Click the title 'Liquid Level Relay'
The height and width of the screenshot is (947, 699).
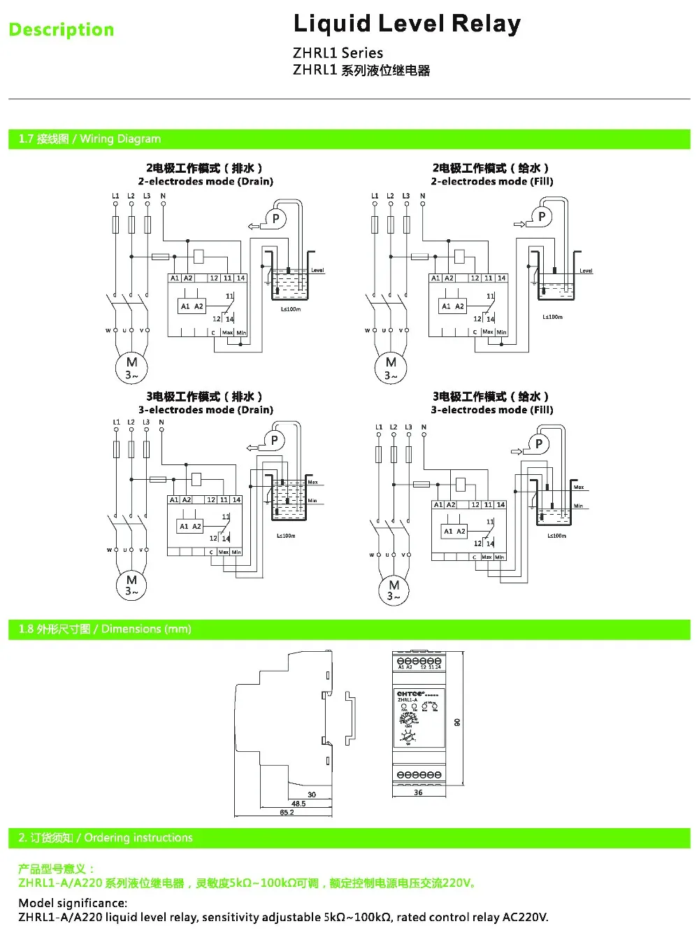407,24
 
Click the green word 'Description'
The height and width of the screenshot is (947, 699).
62,30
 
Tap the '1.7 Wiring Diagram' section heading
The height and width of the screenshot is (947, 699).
89,138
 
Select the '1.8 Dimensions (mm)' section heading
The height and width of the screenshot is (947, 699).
105,629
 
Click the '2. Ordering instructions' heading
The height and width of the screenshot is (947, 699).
105,837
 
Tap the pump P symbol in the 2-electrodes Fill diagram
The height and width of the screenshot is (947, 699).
541,217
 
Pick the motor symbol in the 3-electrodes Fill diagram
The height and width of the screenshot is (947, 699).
394,590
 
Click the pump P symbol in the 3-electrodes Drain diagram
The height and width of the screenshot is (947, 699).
274,441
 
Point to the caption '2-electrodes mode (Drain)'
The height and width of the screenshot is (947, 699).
206,181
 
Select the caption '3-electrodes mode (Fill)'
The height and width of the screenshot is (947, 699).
492,410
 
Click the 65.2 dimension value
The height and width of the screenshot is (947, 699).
287,812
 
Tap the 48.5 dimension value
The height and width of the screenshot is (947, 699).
298,804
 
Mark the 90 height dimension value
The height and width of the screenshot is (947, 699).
457,722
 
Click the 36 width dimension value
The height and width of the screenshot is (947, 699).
418,792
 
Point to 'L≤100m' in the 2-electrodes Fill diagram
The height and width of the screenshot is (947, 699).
552,317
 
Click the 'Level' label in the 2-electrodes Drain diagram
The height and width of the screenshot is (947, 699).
317,270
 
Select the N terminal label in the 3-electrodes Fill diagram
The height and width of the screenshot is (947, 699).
424,427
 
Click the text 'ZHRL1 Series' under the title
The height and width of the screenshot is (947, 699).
338,53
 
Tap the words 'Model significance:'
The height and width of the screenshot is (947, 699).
73,902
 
